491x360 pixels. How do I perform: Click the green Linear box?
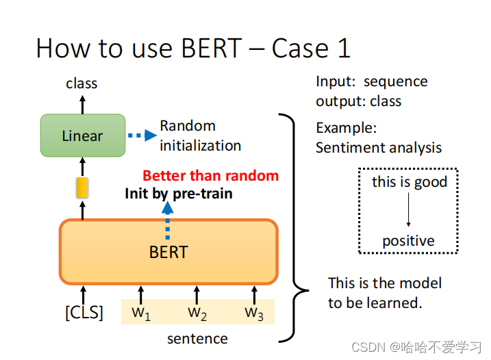point(82,136)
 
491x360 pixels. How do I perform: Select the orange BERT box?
point(168,251)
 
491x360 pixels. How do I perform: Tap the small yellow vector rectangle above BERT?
point(82,187)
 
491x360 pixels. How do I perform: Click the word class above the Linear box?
point(81,83)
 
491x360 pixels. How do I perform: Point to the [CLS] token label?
point(84,313)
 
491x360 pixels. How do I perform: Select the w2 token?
point(197,313)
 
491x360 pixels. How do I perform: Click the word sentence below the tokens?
point(197,338)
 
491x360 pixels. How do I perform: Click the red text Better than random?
point(210,175)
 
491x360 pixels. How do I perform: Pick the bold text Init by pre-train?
point(178,194)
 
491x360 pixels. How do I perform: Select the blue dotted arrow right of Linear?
point(142,135)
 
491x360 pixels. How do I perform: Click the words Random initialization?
point(200,136)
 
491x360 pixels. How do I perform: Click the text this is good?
point(409,182)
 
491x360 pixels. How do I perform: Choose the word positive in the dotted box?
point(408,241)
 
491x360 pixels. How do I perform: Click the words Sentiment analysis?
point(379,147)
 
